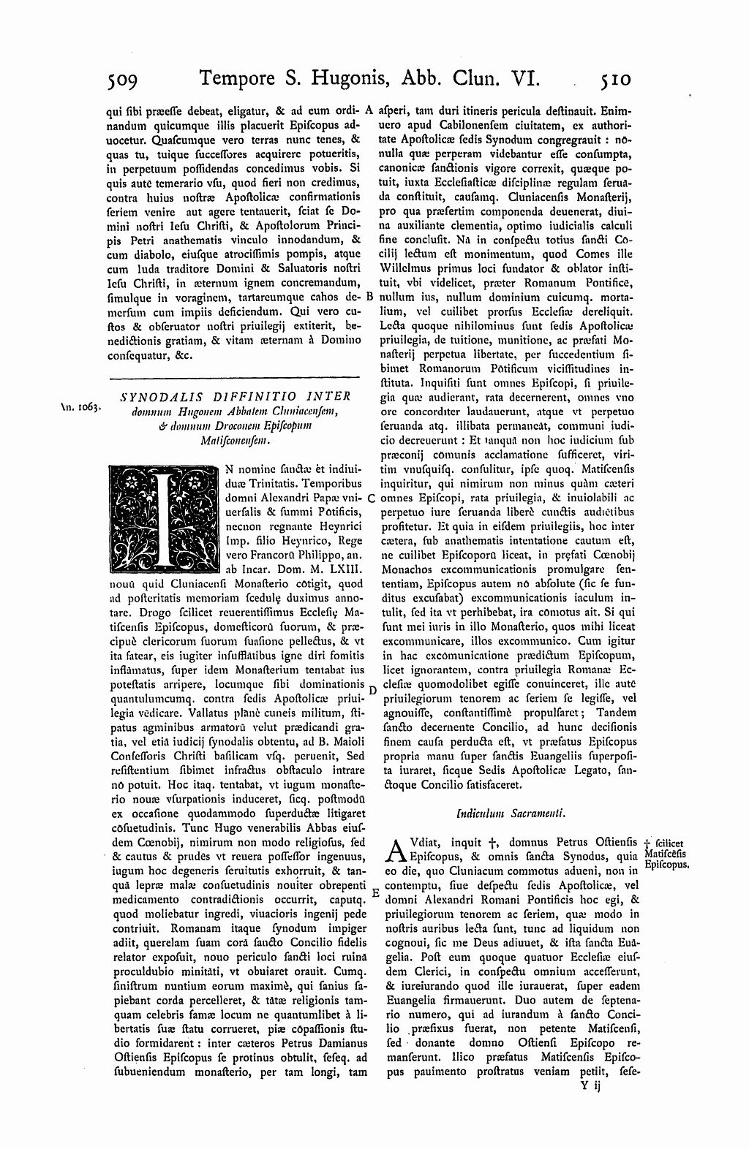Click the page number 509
pyautogui.click(x=127, y=78)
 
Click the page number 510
pyautogui.click(x=617, y=78)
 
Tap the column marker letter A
pyautogui.click(x=370, y=111)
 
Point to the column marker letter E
pyautogui.click(x=374, y=892)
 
